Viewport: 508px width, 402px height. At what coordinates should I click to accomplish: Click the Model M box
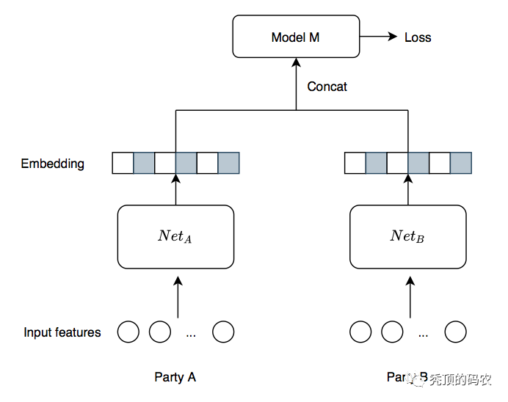pos(296,37)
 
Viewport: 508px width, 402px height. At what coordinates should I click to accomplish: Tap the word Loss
pos(418,37)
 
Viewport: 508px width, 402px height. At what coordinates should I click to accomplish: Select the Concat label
pos(327,87)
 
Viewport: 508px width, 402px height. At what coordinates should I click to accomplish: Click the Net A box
pos(175,236)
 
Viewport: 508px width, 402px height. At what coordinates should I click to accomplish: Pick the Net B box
pos(407,236)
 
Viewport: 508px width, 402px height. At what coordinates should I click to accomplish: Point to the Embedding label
pos(52,164)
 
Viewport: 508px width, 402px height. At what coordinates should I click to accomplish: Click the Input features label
pos(62,332)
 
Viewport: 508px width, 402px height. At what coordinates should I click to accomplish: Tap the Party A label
pos(175,377)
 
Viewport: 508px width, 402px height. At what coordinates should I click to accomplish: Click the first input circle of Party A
pos(128,332)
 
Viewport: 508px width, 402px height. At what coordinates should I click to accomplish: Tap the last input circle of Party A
pos(223,332)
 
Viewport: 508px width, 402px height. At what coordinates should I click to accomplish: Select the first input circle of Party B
pos(360,332)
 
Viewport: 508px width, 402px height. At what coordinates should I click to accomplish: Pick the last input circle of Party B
pos(455,332)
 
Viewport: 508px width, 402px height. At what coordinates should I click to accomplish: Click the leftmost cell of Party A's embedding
pos(123,163)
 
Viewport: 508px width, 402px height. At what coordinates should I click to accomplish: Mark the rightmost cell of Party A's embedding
pos(229,163)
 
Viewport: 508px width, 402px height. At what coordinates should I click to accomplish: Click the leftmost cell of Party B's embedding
pos(355,163)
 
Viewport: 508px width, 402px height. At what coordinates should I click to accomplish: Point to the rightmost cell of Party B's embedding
pos(461,163)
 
